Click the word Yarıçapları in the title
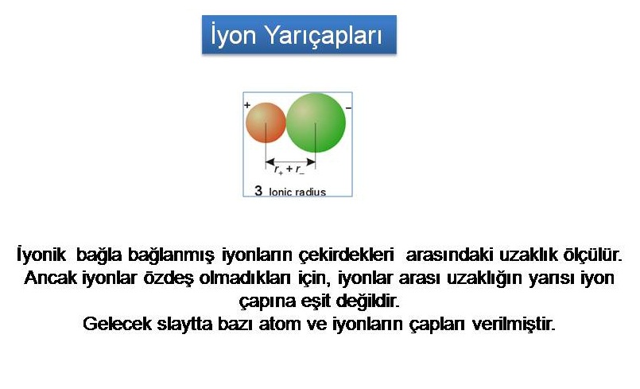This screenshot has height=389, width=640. click(324, 35)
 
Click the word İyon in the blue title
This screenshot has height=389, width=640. click(234, 34)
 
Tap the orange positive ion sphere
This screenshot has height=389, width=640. click(266, 123)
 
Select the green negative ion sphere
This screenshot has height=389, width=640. click(316, 123)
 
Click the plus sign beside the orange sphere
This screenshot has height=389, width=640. click(247, 105)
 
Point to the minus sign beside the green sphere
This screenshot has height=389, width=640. click(348, 108)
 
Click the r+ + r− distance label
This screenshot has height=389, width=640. click(289, 169)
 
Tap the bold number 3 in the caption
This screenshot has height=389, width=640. click(258, 190)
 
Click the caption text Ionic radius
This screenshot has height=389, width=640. click(297, 192)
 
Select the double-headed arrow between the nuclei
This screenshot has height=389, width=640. click(290, 161)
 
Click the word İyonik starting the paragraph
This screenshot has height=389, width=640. click(41, 255)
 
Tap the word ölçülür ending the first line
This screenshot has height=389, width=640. click(592, 255)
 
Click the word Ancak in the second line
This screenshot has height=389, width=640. click(51, 278)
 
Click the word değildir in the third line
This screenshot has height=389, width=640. click(367, 301)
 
